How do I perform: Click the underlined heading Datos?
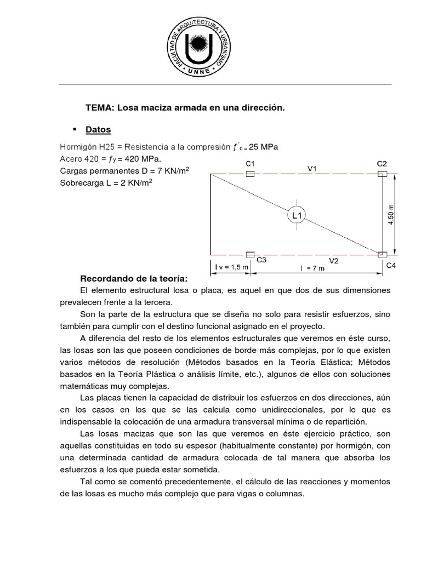(98, 130)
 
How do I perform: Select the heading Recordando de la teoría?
(134, 278)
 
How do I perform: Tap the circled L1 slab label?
(296, 216)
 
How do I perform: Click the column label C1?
(250, 164)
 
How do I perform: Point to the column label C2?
(382, 164)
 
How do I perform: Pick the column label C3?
(261, 261)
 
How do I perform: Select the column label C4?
(391, 266)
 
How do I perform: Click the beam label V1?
(312, 169)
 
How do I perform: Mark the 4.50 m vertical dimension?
(391, 214)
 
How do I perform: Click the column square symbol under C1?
(250, 174)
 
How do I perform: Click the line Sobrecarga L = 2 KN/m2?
(106, 182)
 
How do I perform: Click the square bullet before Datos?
(74, 130)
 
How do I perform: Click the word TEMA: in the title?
(99, 108)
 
